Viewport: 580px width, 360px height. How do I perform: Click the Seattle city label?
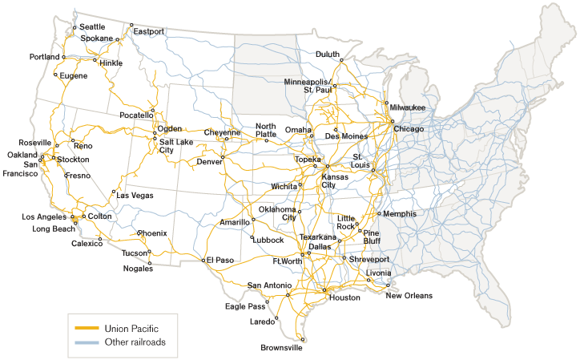91,26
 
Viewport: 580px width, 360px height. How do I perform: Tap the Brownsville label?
282,348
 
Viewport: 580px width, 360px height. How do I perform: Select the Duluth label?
328,55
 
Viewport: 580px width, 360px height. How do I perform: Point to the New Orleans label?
409,296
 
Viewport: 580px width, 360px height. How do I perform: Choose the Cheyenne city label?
222,132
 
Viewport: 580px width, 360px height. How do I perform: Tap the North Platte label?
266,131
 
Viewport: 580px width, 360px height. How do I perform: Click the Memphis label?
400,214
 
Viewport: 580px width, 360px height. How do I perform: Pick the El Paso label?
219,260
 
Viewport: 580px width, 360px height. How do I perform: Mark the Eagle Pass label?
244,305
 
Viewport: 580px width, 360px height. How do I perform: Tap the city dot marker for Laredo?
277,318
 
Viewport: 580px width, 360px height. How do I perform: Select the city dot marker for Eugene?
55,75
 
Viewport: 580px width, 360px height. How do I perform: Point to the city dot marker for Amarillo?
252,217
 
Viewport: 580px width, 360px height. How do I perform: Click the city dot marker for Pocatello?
152,110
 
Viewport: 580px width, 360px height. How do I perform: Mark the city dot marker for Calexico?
100,239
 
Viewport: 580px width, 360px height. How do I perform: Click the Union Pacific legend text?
131,328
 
